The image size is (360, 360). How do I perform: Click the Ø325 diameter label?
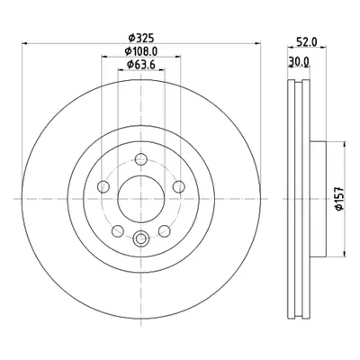[x=141, y=38]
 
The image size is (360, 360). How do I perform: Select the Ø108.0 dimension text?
[x=141, y=51]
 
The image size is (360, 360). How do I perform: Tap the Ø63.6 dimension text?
[x=141, y=65]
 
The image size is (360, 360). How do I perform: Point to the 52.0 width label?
[x=307, y=42]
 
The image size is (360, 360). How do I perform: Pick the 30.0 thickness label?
[x=299, y=61]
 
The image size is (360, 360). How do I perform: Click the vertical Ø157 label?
[x=339, y=198]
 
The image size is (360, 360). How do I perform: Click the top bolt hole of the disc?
[x=141, y=159]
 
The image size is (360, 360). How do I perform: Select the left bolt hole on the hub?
[x=103, y=186]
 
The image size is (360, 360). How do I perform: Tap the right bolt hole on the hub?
[x=179, y=186]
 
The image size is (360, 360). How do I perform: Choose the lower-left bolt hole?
[x=118, y=231]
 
